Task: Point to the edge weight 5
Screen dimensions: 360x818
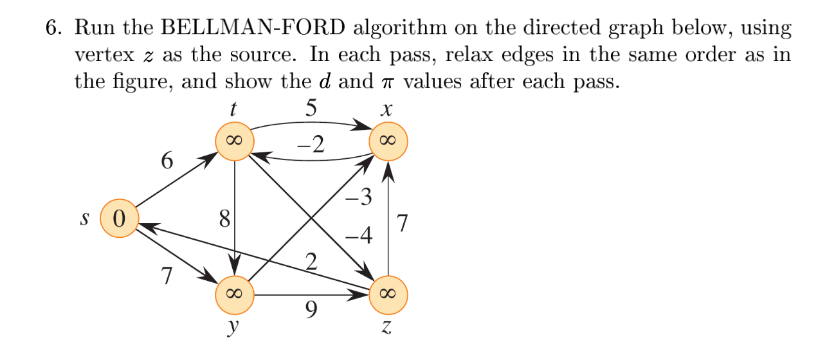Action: pos(311,108)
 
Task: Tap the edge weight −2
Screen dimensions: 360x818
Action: pos(311,147)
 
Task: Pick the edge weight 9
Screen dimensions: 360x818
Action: pos(311,312)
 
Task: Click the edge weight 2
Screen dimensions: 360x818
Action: pos(312,262)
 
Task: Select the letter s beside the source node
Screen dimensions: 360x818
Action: pos(84,218)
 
